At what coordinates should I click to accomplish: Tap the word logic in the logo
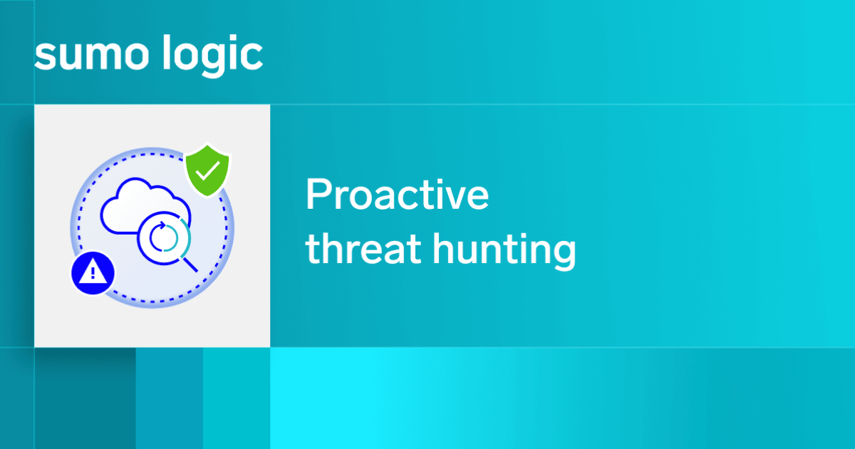click(x=212, y=56)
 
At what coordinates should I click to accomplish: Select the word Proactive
click(x=397, y=195)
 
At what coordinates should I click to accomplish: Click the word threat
click(x=363, y=248)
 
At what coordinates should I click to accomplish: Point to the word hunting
click(x=504, y=251)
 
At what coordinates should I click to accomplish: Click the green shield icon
click(x=207, y=170)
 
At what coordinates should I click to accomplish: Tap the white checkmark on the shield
click(x=207, y=170)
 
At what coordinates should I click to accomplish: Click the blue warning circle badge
click(x=93, y=272)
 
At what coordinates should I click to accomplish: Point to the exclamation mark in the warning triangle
click(x=93, y=272)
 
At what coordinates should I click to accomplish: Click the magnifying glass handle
click(x=190, y=264)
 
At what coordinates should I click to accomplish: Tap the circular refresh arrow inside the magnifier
click(x=164, y=237)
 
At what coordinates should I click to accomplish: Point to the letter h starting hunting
click(x=445, y=248)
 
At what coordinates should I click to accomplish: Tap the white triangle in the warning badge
click(x=93, y=271)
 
